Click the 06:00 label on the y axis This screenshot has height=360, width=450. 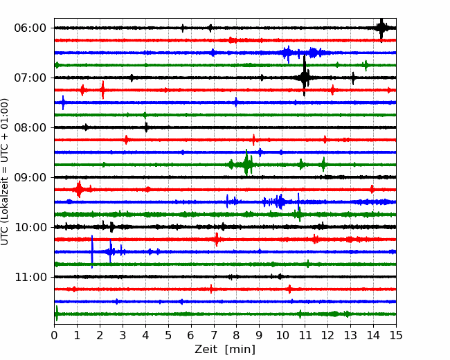[30, 28]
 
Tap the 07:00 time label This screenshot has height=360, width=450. [30, 78]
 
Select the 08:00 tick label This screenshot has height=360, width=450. [30, 127]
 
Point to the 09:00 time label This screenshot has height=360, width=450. [30, 177]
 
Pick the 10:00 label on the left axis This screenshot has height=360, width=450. [30, 227]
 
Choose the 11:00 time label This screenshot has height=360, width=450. [30, 277]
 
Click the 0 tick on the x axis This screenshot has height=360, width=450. [54, 335]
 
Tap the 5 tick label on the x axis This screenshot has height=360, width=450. [168, 335]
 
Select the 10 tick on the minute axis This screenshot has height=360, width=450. [282, 335]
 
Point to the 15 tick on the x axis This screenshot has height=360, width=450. [396, 335]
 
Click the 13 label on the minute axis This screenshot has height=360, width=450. [350, 335]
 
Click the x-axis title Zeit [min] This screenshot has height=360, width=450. [225, 350]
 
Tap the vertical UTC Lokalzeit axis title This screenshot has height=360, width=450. [5, 172]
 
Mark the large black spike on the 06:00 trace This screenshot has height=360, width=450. [381, 28]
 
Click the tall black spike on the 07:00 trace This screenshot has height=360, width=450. [304, 76]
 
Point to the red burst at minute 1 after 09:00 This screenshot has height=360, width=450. [78, 190]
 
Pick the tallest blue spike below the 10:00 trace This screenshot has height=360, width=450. [92, 252]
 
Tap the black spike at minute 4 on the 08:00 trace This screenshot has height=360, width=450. [146, 127]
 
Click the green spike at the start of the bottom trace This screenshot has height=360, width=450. [57, 314]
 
